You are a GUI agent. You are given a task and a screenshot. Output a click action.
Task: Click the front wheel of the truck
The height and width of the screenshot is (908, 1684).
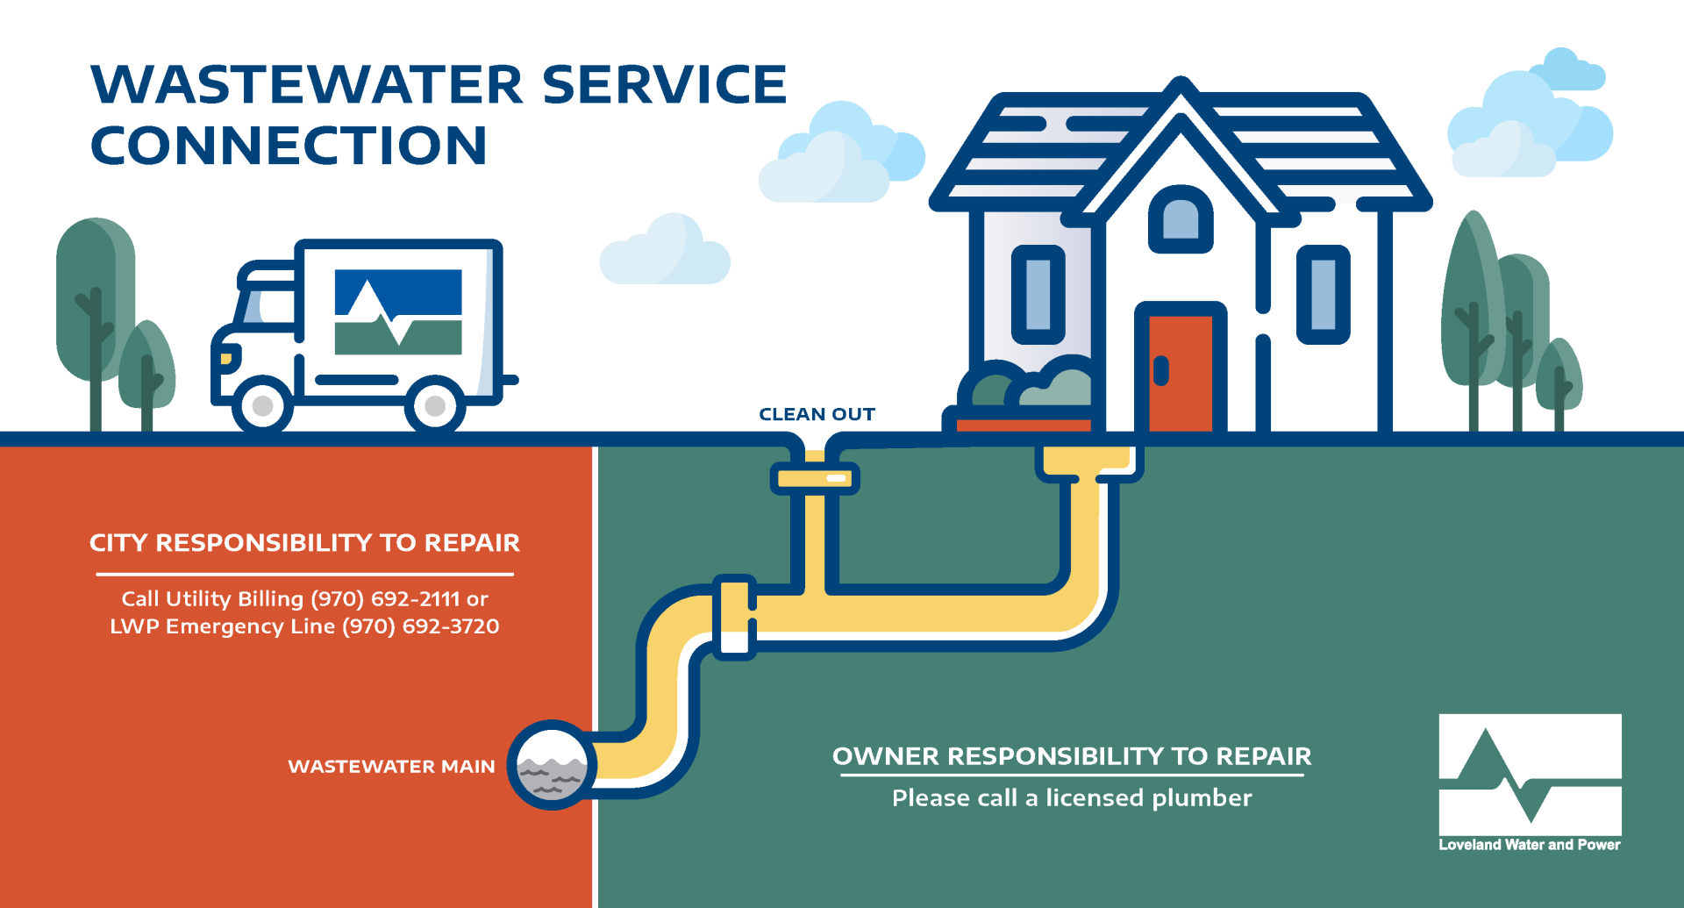[x=262, y=406]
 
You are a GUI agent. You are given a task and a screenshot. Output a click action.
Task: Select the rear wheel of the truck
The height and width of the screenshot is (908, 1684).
[x=434, y=406]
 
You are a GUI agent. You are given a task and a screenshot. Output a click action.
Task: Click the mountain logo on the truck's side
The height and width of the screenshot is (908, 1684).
[x=398, y=311]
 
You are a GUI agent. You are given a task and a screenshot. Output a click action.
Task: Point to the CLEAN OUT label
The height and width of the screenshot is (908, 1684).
[x=817, y=414]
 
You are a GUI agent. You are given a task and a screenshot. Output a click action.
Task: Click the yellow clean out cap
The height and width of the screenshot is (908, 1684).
[x=815, y=478]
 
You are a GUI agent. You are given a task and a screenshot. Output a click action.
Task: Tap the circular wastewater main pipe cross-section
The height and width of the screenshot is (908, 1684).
[x=552, y=765]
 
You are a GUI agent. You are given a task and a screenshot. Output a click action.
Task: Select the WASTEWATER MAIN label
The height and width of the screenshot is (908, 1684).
[x=391, y=767]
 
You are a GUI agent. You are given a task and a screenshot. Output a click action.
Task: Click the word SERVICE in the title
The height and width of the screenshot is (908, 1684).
[x=664, y=84]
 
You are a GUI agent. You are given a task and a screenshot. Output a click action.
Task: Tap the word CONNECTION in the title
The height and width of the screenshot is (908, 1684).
[x=289, y=146]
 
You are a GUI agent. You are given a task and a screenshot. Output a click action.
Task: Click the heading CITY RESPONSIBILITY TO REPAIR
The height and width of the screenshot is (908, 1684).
[x=304, y=543]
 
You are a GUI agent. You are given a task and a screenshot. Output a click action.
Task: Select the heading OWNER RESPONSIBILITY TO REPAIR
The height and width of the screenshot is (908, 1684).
[x=1072, y=756]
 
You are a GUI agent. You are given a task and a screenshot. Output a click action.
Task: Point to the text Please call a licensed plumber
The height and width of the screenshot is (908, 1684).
[x=1072, y=797]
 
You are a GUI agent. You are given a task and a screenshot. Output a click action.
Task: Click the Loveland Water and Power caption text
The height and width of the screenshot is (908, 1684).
[x=1530, y=845]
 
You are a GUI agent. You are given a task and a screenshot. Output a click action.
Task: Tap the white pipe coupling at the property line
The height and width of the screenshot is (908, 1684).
[x=735, y=618]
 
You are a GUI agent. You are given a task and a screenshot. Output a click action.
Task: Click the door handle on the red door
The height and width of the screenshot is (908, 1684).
[x=1161, y=370]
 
